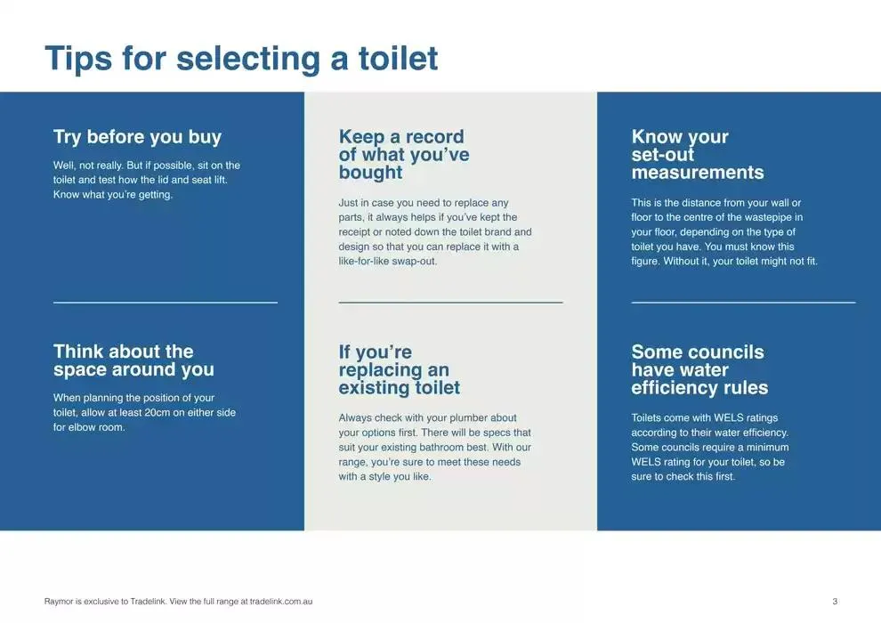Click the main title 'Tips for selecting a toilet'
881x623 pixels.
(x=241, y=59)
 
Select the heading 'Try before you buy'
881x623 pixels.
(x=137, y=137)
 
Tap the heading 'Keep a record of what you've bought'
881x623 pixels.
(x=403, y=155)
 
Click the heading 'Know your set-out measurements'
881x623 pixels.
(x=697, y=155)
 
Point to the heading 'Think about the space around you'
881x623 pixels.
(x=133, y=360)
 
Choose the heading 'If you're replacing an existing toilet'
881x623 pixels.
(x=399, y=370)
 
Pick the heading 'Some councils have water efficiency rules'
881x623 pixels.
(x=699, y=370)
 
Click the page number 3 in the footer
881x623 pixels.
(x=835, y=602)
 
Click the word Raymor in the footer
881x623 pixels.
(x=59, y=602)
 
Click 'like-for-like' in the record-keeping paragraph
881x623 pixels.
(x=368, y=262)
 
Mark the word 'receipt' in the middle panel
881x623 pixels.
(x=356, y=232)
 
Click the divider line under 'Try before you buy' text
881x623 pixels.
(x=166, y=303)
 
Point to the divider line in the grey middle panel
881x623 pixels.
(x=450, y=303)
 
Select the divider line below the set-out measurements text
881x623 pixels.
(x=743, y=303)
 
